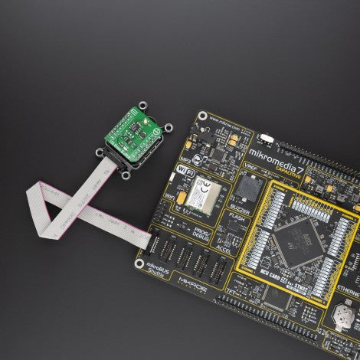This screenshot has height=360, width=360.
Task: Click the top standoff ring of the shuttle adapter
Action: click(143, 105)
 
